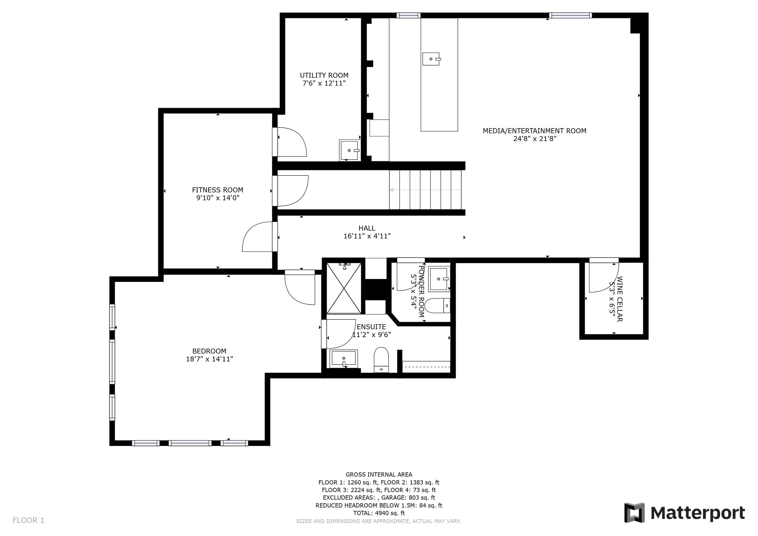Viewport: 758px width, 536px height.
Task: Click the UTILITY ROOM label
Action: (324, 75)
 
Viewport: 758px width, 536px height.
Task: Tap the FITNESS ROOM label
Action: (218, 190)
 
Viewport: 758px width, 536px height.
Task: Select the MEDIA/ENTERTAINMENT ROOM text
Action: (535, 131)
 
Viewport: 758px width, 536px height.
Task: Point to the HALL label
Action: (367, 228)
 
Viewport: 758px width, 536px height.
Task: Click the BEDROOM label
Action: (209, 351)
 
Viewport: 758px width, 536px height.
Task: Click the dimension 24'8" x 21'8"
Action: (535, 139)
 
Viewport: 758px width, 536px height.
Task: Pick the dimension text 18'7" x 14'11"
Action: (209, 359)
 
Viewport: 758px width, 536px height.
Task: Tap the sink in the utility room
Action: (349, 150)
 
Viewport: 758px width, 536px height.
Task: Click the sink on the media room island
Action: (431, 59)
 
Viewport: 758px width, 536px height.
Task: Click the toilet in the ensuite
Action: (381, 360)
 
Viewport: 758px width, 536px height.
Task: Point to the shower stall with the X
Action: (344, 288)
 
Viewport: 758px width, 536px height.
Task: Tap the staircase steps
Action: (425, 190)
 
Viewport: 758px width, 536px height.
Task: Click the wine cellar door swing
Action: (604, 277)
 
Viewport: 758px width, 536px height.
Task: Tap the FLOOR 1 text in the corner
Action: (29, 521)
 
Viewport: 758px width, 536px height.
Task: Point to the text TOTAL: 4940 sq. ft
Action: (379, 513)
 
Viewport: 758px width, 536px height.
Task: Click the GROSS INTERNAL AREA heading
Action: (379, 475)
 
